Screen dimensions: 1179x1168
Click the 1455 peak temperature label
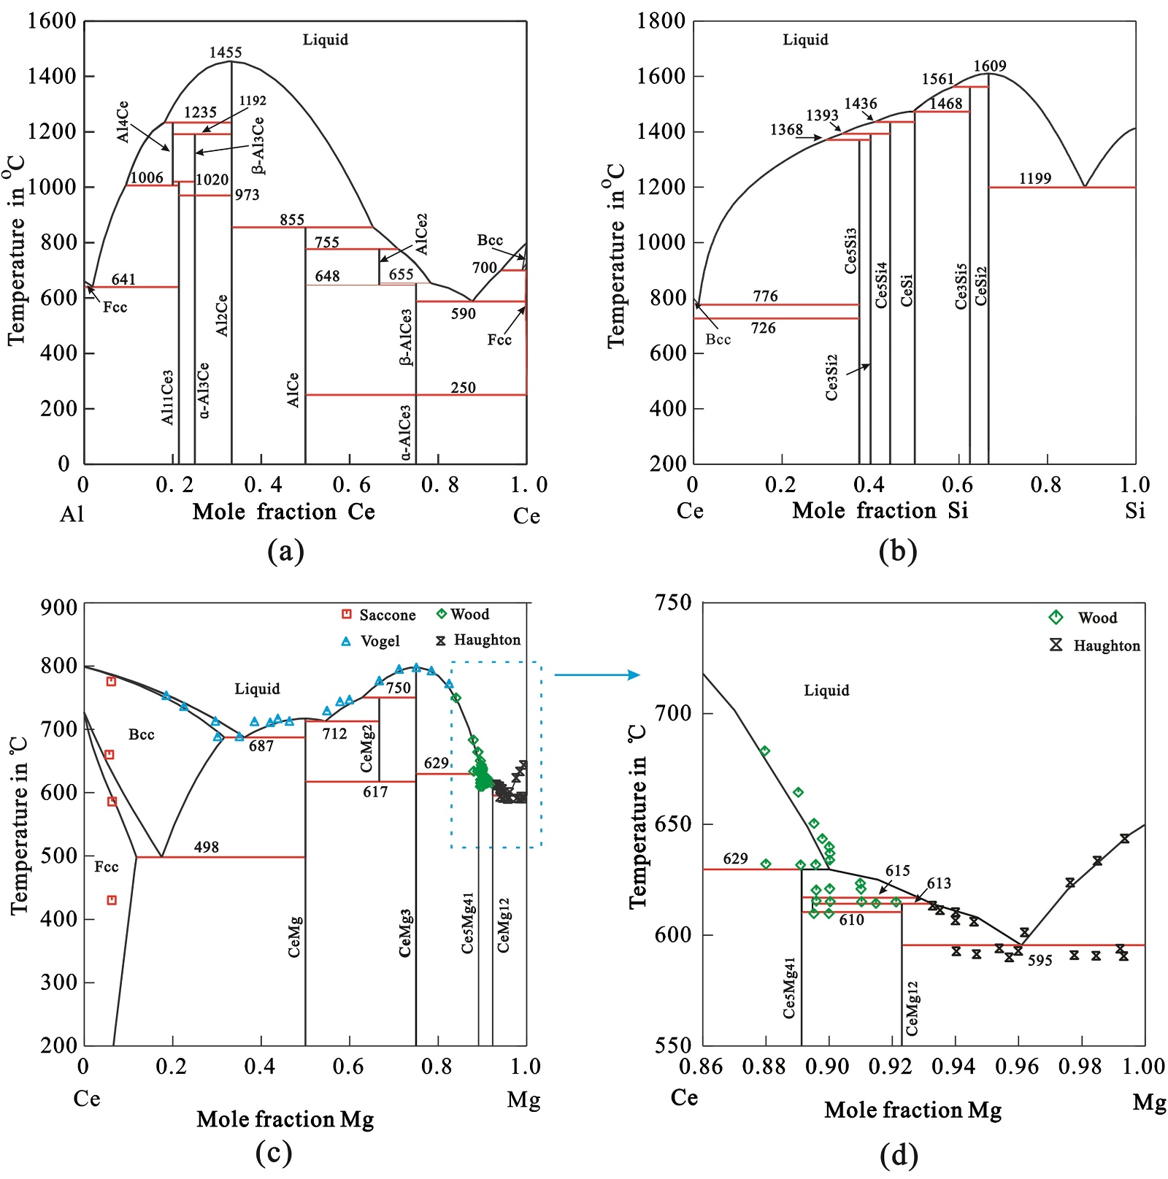click(x=226, y=53)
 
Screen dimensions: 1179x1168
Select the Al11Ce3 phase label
click(x=168, y=397)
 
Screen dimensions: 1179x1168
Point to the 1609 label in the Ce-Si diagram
click(x=990, y=66)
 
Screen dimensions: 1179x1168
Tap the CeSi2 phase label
click(x=981, y=286)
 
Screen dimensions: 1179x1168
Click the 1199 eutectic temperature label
click(x=1035, y=179)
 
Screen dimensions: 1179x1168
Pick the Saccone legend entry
click(x=379, y=615)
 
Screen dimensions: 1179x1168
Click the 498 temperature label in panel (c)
click(x=207, y=847)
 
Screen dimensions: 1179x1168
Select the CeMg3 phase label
click(x=405, y=933)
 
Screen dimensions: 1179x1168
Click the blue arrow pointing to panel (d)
click(x=596, y=675)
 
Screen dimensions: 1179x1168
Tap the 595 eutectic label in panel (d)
click(x=1040, y=961)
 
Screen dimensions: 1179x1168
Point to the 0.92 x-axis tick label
click(x=890, y=1067)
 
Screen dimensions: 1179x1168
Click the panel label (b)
click(x=897, y=550)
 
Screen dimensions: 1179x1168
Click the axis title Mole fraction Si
click(x=880, y=510)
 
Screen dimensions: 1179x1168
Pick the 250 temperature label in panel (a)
click(x=463, y=388)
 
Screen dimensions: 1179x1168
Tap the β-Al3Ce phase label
click(x=258, y=146)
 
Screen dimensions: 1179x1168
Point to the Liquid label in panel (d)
click(x=826, y=691)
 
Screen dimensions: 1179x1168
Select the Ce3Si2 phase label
click(x=831, y=377)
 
